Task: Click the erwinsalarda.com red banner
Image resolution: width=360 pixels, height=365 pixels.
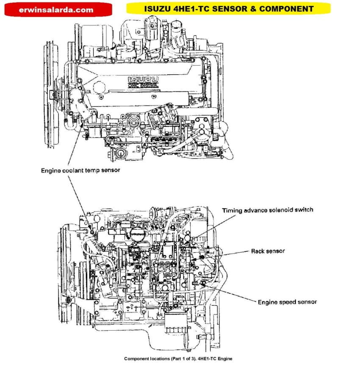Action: tap(56, 9)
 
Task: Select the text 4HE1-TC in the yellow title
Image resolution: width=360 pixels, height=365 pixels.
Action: tap(194, 8)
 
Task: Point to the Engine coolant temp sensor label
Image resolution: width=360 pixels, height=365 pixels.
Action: tap(80, 170)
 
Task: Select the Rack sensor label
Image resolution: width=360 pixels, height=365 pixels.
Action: tap(268, 251)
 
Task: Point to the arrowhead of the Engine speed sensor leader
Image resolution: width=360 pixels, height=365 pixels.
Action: tap(203, 283)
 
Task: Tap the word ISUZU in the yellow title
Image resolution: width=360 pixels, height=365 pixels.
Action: tap(155, 8)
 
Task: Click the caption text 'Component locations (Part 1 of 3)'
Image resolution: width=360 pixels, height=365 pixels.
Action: tap(160, 359)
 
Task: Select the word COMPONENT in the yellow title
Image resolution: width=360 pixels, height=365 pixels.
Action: tap(288, 8)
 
